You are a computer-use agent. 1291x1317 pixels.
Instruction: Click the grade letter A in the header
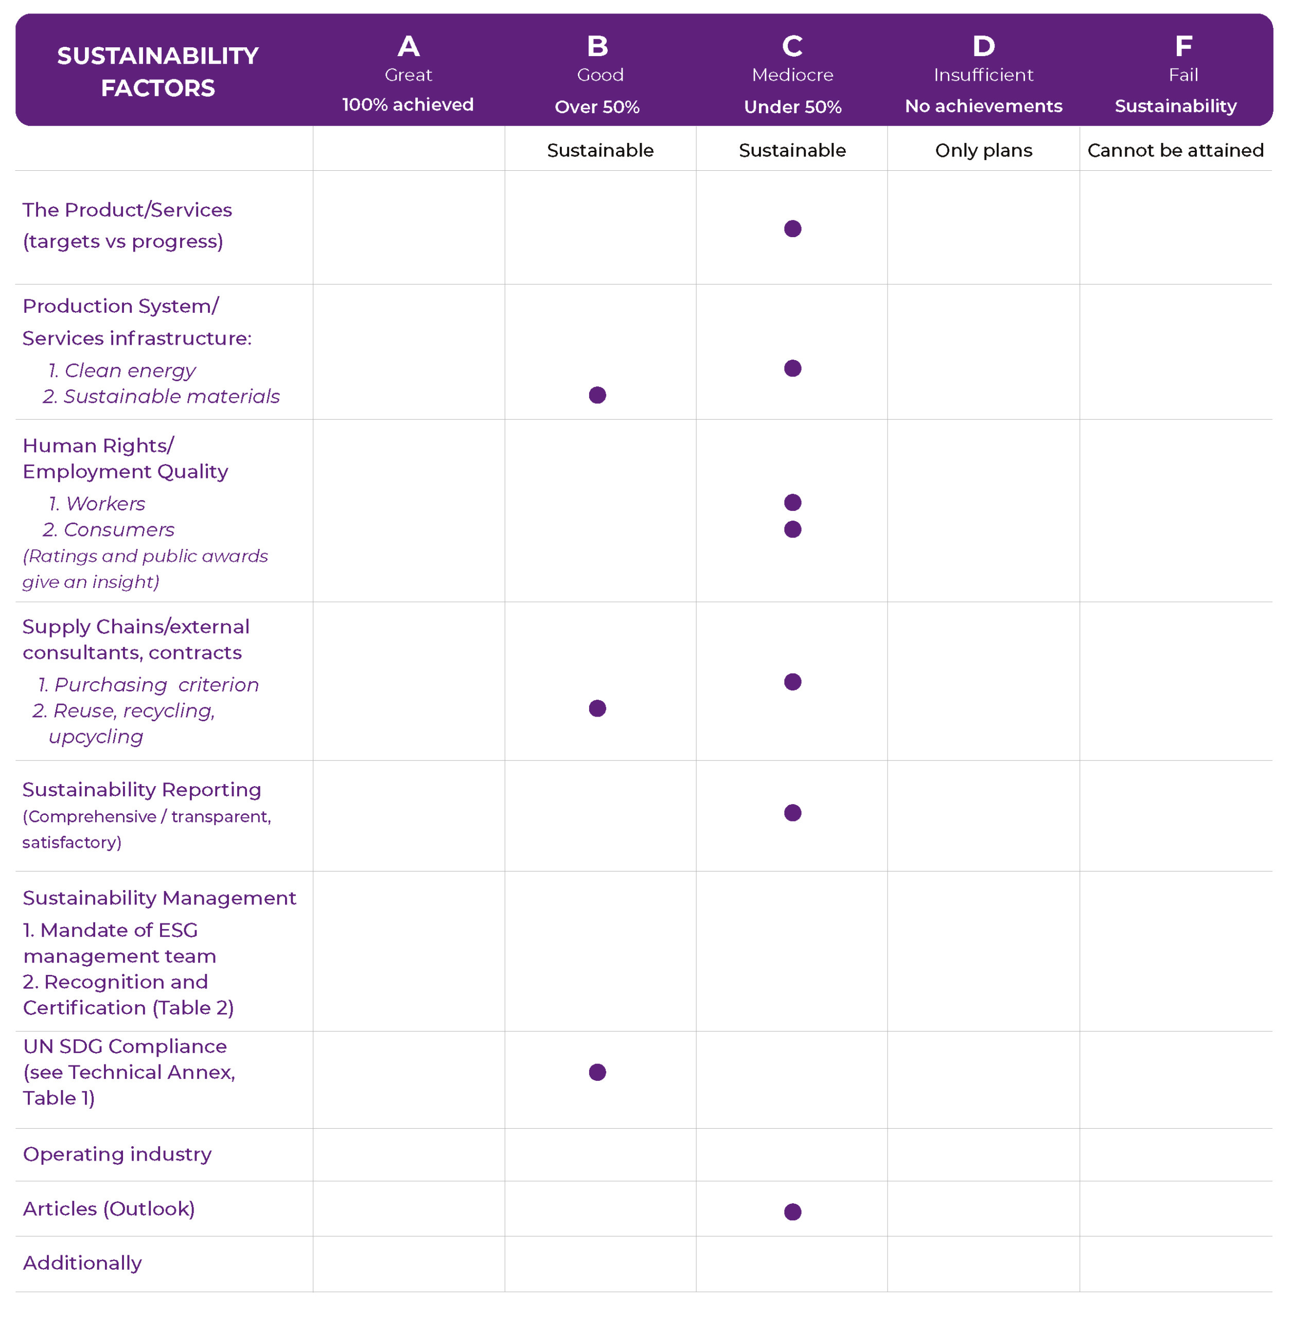408,46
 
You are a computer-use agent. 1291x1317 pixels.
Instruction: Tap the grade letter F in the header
1183,46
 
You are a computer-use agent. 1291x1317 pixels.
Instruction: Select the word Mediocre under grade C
792,75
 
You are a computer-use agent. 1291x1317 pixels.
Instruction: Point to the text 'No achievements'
983,106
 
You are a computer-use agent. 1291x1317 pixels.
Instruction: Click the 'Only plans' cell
983,150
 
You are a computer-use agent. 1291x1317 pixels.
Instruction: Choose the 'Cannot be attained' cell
1175,150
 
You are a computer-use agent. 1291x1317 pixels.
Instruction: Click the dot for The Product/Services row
792,228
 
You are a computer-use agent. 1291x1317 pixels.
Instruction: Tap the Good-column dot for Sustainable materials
597,395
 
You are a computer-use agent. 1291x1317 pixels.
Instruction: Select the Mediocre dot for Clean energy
792,368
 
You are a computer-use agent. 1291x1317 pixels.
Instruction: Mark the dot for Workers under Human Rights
792,502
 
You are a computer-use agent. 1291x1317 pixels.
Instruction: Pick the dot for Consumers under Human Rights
792,529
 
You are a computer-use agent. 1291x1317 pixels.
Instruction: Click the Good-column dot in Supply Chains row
597,708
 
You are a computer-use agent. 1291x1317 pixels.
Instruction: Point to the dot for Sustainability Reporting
792,813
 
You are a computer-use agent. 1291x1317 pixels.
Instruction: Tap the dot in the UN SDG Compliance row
597,1072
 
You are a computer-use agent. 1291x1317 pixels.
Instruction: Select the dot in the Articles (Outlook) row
792,1211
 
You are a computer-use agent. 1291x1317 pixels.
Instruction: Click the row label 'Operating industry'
117,1153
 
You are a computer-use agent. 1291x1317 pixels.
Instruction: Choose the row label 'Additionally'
82,1263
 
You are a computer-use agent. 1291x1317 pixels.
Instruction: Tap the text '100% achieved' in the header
408,104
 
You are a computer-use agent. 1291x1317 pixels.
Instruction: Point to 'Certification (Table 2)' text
128,1007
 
